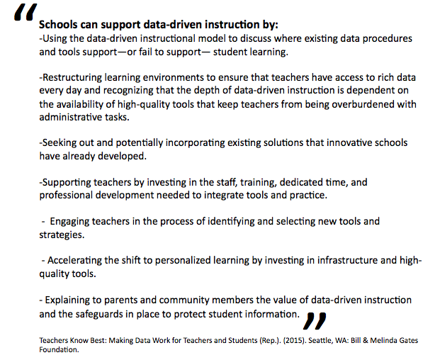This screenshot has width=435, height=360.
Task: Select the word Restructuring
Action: (77, 77)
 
